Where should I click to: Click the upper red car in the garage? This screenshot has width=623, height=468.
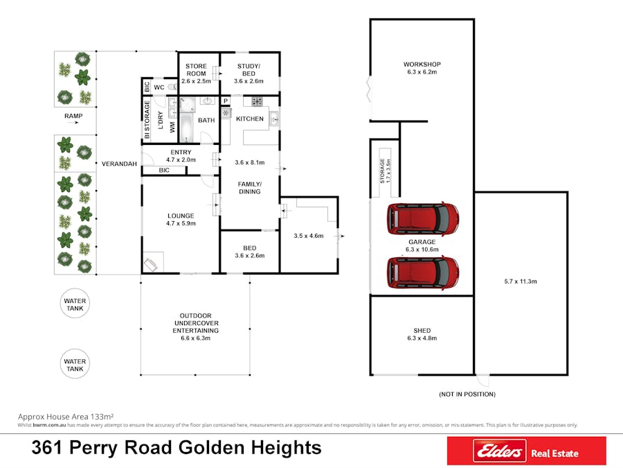point(423,218)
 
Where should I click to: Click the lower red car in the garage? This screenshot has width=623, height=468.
point(423,272)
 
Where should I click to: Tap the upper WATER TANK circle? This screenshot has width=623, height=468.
point(75,305)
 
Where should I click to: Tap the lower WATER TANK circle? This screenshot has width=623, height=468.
point(75,365)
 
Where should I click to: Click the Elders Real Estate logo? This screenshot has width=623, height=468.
point(526,451)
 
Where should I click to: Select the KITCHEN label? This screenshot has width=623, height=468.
point(250,119)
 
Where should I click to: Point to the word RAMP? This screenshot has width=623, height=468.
point(74,116)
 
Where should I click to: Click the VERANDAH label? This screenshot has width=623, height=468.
point(118,164)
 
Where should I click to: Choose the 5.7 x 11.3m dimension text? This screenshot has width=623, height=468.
point(521,281)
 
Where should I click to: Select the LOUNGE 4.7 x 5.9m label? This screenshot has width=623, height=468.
point(181,220)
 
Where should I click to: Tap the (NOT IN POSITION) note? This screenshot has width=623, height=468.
point(467,394)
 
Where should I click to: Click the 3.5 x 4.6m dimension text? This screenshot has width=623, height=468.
point(308,236)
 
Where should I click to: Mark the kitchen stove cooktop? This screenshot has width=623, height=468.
point(257,102)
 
